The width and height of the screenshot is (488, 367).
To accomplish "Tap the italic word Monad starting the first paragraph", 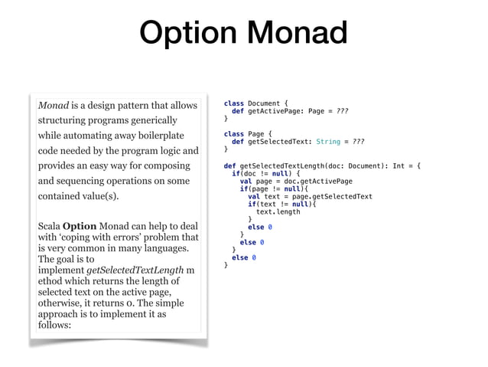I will (x=54, y=104).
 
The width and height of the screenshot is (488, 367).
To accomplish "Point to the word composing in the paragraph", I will (x=161, y=165).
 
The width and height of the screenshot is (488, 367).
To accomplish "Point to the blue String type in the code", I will (x=328, y=142).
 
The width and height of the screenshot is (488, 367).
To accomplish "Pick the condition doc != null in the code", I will (x=264, y=173).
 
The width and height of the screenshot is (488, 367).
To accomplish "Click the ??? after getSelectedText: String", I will (x=356, y=142).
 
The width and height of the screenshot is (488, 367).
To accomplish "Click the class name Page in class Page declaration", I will (x=256, y=134).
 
